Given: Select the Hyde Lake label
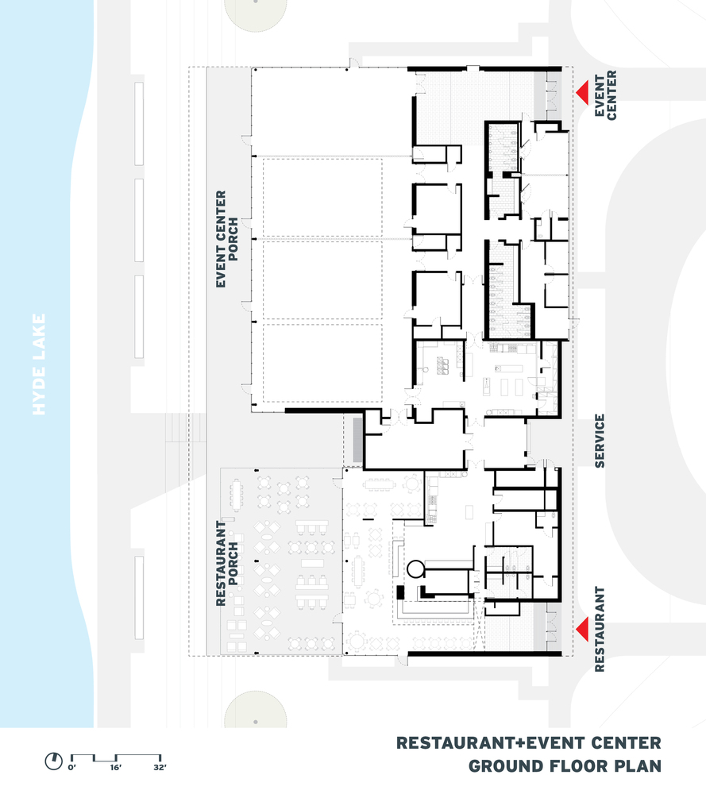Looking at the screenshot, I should pos(41,364).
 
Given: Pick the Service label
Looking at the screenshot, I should pos(600,441).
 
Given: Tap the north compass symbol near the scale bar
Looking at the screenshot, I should pos(53,761).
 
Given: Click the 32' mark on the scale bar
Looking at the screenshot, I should pos(160,767).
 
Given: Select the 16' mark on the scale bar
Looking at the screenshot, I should pos(116,767).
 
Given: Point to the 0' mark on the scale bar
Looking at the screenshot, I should pos(71,767).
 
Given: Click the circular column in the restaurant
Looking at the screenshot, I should pos(415,567).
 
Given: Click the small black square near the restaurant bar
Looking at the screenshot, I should pos(401,592).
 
